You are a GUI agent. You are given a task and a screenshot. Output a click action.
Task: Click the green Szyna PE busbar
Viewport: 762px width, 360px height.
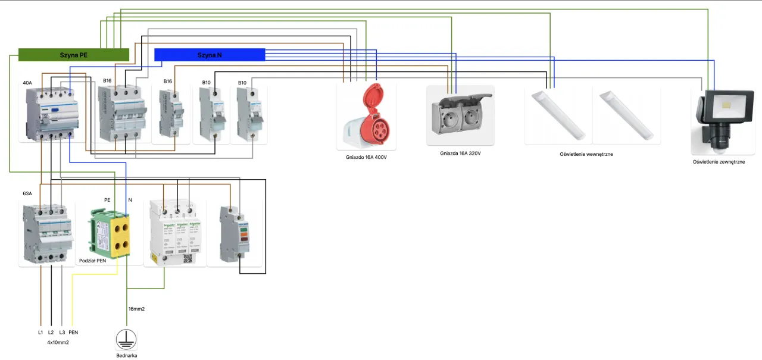pyautogui.click(x=74, y=55)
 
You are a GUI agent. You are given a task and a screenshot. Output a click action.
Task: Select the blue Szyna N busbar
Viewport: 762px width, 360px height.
pyautogui.click(x=210, y=55)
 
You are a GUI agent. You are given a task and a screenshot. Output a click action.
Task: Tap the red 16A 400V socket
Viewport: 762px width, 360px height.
pyautogui.click(x=366, y=115)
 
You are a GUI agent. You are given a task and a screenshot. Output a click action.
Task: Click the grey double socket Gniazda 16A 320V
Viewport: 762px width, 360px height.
pyautogui.click(x=460, y=115)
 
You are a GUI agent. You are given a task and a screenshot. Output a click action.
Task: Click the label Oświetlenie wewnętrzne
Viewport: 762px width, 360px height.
pyautogui.click(x=586, y=154)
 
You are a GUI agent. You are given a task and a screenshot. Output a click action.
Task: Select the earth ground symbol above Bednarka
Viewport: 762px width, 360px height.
pyautogui.click(x=126, y=339)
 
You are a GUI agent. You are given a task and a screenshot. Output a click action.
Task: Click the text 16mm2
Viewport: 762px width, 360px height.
pyautogui.click(x=137, y=309)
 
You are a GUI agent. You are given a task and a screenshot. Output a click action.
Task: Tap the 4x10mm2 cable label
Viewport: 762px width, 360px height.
pyautogui.click(x=58, y=342)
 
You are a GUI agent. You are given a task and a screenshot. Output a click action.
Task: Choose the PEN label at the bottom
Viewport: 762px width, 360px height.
pyautogui.click(x=74, y=332)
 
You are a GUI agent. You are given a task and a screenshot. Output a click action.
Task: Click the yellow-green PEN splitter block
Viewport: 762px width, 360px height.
pyautogui.click(x=111, y=232)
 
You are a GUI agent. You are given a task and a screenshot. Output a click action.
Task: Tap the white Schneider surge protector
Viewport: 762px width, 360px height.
pyautogui.click(x=177, y=233)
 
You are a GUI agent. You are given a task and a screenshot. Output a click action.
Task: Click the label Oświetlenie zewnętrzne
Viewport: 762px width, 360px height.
pyautogui.click(x=719, y=161)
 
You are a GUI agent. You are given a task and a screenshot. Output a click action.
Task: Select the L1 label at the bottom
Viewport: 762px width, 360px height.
pyautogui.click(x=40, y=332)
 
